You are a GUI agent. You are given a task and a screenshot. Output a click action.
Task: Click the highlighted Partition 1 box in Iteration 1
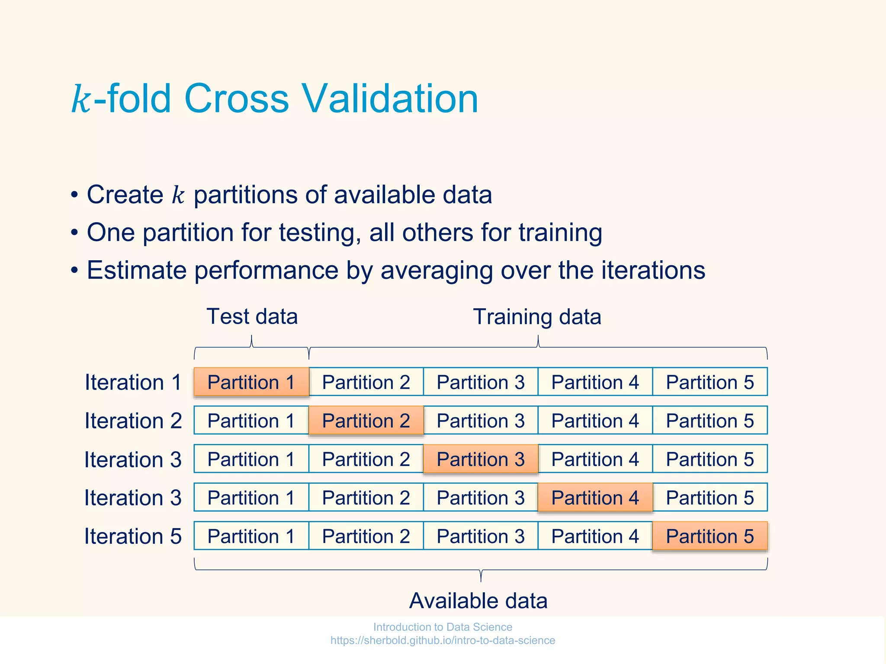[x=251, y=382]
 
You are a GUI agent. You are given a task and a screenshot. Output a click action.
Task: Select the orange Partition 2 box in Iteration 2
[x=366, y=421]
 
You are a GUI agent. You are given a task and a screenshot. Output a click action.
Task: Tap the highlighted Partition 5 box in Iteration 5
[x=709, y=536]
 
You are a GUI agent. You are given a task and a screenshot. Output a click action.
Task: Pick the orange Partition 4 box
[x=595, y=498]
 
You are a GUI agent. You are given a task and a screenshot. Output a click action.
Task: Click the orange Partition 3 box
[x=481, y=459]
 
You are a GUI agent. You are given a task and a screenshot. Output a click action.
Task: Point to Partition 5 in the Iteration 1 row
[x=709, y=382]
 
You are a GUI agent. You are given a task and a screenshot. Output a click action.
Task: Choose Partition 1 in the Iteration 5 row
[x=251, y=536]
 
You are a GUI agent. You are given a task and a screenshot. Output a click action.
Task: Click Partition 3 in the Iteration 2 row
[x=481, y=421]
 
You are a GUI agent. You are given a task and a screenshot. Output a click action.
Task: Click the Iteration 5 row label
[x=133, y=536]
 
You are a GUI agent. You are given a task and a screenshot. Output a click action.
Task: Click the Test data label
[x=252, y=316]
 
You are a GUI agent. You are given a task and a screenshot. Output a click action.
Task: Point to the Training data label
[x=537, y=317]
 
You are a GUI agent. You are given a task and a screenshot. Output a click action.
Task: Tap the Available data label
[x=478, y=601]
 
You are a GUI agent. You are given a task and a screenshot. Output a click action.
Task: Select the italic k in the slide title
[x=81, y=100]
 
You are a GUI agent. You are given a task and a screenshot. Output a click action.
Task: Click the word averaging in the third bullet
[x=437, y=271]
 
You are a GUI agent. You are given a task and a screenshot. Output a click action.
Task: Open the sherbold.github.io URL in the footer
[x=443, y=641]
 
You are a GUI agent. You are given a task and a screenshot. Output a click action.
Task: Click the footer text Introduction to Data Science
[x=443, y=627]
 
